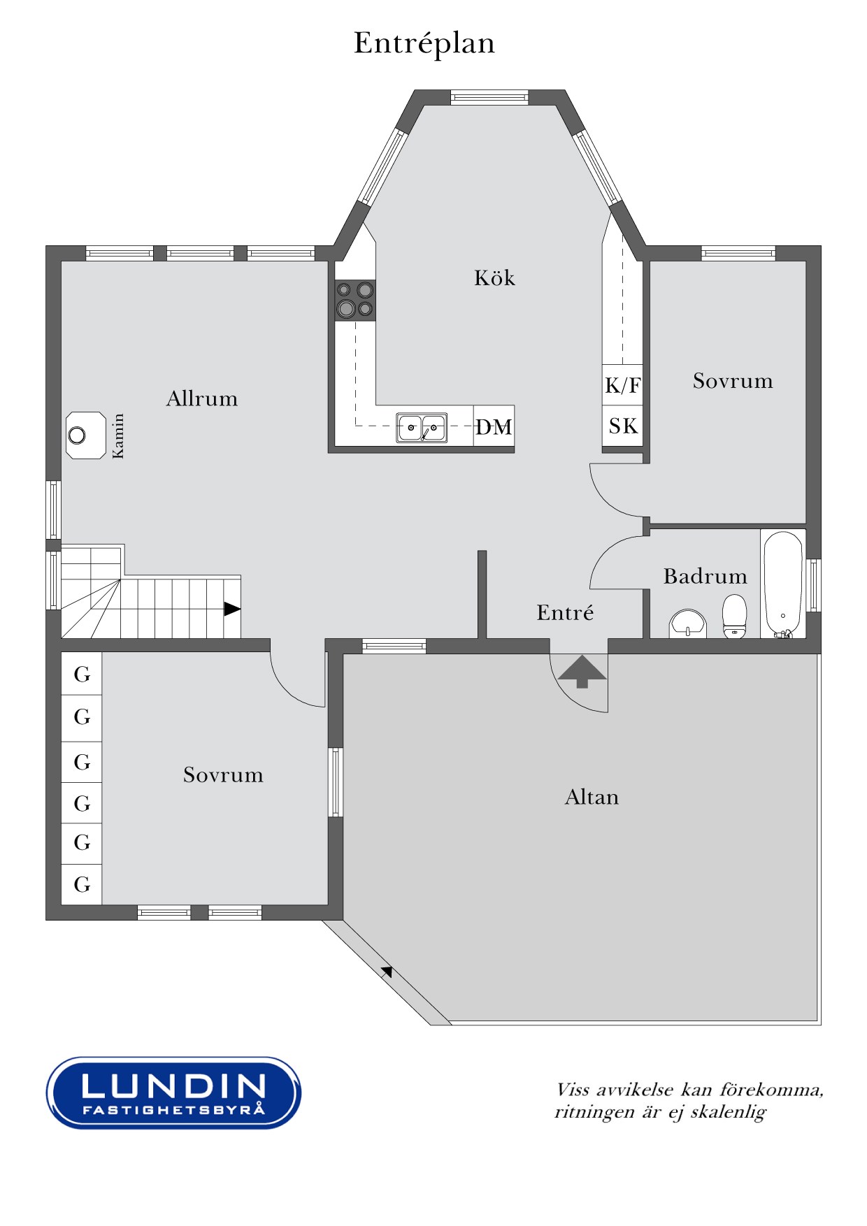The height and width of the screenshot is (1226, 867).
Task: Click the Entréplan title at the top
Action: click(424, 43)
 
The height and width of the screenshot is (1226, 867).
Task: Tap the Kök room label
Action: click(494, 277)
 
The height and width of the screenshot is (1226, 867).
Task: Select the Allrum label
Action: click(202, 398)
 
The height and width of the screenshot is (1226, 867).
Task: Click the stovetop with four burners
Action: click(355, 300)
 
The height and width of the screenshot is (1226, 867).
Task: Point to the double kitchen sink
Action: click(422, 427)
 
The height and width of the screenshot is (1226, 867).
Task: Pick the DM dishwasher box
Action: click(494, 426)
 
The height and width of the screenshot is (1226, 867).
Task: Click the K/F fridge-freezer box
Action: click(622, 384)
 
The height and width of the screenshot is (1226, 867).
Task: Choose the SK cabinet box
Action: click(622, 426)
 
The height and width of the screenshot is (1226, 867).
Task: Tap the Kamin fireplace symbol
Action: click(86, 435)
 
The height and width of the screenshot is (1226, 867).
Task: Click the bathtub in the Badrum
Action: click(783, 585)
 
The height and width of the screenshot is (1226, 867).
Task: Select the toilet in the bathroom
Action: click(734, 616)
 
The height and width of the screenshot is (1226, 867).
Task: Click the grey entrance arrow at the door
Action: click(582, 672)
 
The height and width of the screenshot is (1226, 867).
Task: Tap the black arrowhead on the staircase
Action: click(232, 609)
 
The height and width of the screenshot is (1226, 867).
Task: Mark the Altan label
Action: click(592, 797)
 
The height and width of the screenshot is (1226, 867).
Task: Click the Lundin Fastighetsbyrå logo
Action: click(173, 1092)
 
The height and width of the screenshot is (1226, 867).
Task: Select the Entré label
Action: click(565, 612)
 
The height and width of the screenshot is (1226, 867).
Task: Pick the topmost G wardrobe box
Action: click(82, 674)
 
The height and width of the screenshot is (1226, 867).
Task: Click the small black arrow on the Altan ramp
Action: click(387, 971)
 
